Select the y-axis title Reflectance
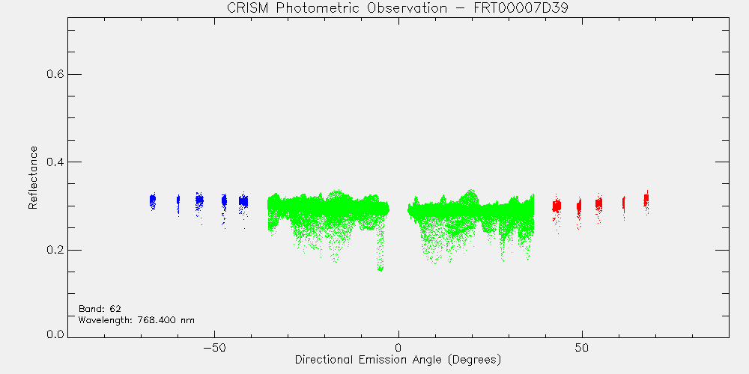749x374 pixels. click(x=32, y=177)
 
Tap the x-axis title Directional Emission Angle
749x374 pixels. click(x=370, y=359)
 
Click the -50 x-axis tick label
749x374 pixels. click(x=214, y=347)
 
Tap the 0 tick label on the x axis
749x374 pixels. click(x=398, y=347)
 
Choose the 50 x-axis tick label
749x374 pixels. click(x=582, y=347)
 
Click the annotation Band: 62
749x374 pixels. click(x=100, y=308)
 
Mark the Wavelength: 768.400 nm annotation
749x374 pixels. click(x=136, y=319)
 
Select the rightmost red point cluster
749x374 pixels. click(x=646, y=200)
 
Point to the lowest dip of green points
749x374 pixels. click(x=380, y=269)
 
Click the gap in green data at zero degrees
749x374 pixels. click(x=398, y=209)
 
